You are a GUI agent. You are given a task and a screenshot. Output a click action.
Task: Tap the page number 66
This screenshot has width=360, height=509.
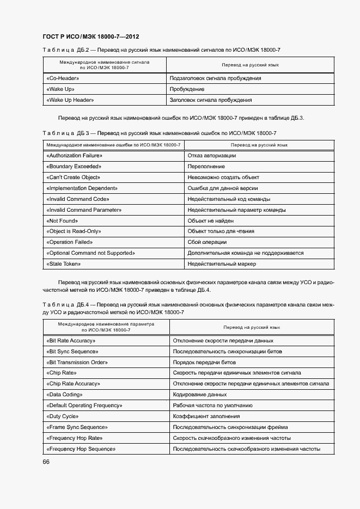point(46,462)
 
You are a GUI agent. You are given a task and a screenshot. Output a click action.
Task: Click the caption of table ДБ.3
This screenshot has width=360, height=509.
point(159,133)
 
